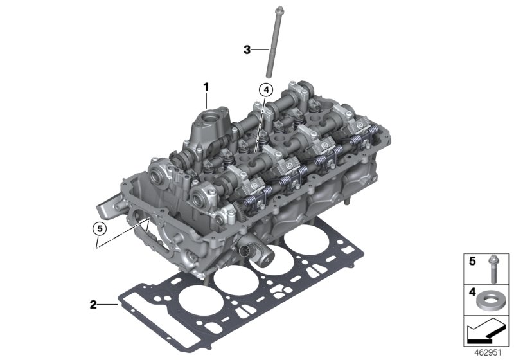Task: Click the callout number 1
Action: pyautogui.click(x=206, y=85)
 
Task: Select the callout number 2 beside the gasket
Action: pyautogui.click(x=94, y=303)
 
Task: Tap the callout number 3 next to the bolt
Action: pyautogui.click(x=247, y=49)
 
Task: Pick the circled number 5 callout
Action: pyautogui.click(x=98, y=227)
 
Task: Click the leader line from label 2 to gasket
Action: pyautogui.click(x=109, y=303)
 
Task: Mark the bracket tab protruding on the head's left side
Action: pyautogui.click(x=105, y=208)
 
